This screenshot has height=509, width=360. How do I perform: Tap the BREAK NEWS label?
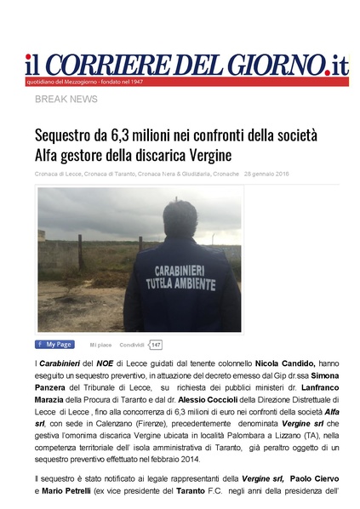coord(66,100)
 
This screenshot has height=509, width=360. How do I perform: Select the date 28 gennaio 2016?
coord(266,174)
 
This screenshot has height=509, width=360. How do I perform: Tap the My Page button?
coord(54,345)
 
